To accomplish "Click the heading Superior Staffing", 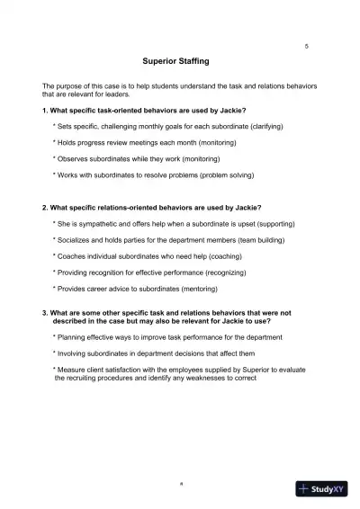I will click(x=175, y=61).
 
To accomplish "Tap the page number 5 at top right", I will click(x=307, y=45).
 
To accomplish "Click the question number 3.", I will click(x=44, y=311).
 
